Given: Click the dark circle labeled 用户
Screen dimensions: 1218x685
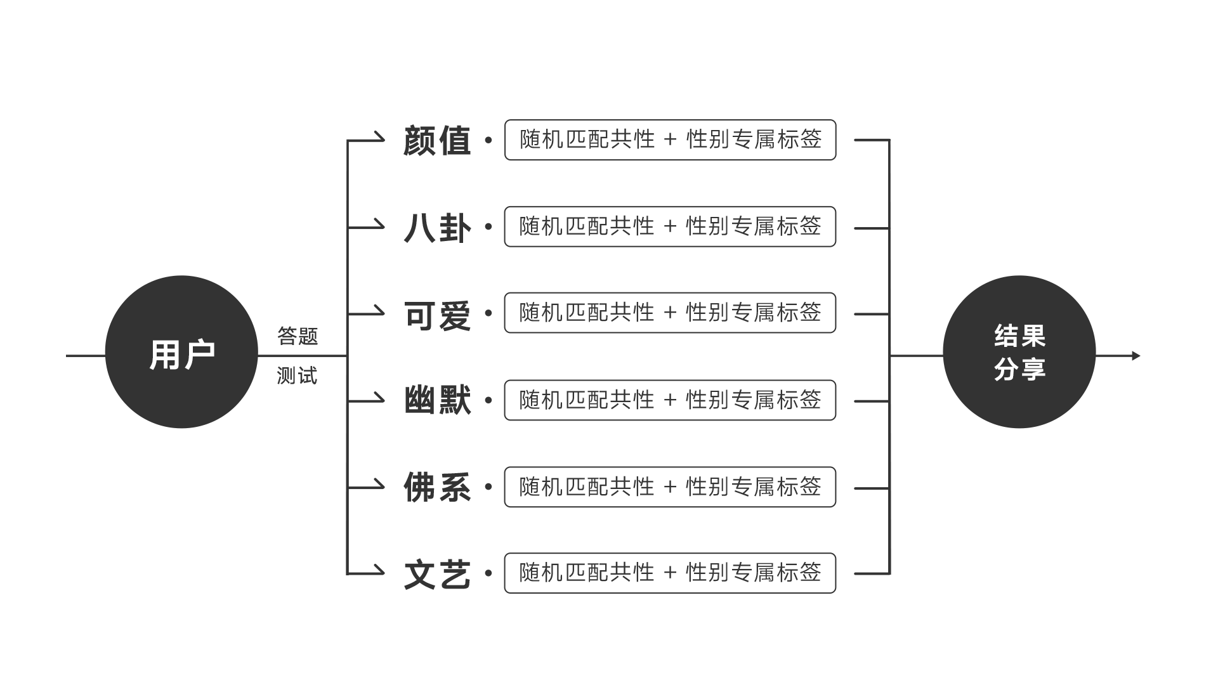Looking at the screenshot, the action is click(181, 352).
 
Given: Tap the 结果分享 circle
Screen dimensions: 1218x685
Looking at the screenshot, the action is click(1019, 352).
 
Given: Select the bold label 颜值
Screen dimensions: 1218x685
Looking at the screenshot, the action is click(437, 140).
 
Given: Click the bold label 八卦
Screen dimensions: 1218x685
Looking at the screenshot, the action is click(437, 227).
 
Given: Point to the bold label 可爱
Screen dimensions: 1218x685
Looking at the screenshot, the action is click(437, 314).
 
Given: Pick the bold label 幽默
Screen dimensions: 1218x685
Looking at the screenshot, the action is click(437, 400).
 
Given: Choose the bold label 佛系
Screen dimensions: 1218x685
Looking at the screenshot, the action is click(437, 487).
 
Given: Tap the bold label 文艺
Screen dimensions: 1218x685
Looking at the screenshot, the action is click(437, 574).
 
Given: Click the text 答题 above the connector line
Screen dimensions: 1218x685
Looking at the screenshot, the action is click(298, 336).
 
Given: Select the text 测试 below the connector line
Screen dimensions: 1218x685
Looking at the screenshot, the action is click(297, 375).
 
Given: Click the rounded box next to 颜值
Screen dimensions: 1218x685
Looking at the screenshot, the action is click(670, 140).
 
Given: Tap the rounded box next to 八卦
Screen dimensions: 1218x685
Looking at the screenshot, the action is click(670, 226).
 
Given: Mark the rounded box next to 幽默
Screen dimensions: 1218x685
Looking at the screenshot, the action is click(670, 400).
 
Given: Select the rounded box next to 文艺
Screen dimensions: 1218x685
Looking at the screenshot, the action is click(670, 573).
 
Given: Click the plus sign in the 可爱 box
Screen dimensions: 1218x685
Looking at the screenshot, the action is click(671, 313).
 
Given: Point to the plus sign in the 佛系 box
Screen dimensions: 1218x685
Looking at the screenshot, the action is click(671, 487).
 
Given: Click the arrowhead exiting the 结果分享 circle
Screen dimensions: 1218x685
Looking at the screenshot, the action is click(1136, 356).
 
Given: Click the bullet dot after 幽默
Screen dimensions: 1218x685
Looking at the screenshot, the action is click(488, 400).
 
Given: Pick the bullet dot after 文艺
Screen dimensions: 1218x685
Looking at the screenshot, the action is click(488, 573).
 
